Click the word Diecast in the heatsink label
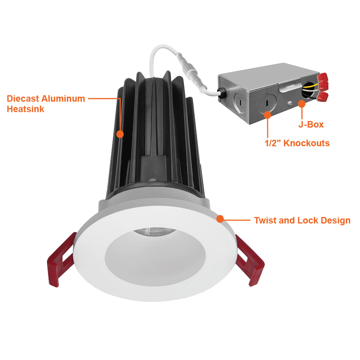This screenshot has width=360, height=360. point(23,99)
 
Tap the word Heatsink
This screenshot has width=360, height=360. point(25,109)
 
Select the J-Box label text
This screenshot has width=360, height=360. point(311,124)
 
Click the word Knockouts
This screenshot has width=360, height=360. point(307,143)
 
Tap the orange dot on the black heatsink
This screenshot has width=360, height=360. point(120,134)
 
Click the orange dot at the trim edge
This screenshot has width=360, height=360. point(220,219)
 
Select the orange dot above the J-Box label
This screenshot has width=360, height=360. point(302,104)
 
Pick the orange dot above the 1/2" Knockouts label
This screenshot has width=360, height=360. point(268,115)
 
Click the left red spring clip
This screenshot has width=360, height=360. point(61,260)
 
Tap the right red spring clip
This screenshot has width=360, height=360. point(250,261)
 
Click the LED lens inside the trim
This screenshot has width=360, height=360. point(154,232)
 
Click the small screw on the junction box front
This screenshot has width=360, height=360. point(290,103)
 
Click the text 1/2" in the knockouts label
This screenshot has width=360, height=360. point(273,143)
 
